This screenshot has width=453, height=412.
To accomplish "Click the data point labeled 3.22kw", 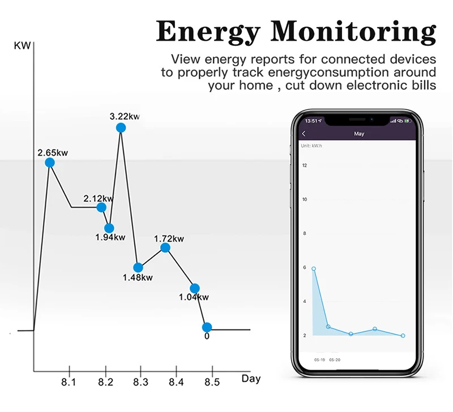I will pyautogui.click(x=121, y=128).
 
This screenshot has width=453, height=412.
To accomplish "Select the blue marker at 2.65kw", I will pyautogui.click(x=50, y=162).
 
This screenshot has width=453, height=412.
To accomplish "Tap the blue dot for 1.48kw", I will pyautogui.click(x=138, y=267).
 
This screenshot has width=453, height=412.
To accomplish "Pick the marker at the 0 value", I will pyautogui.click(x=207, y=327).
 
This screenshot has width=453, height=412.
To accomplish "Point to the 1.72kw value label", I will pyautogui.click(x=169, y=239).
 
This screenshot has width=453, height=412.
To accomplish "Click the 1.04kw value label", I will pyautogui.click(x=194, y=297).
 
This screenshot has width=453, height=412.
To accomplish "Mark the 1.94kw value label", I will pyautogui.click(x=110, y=237).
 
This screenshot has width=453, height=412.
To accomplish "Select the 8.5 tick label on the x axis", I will pyautogui.click(x=211, y=383).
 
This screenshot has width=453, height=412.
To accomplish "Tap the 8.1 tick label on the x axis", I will pyautogui.click(x=69, y=383).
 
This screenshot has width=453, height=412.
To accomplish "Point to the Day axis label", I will pyautogui.click(x=251, y=379).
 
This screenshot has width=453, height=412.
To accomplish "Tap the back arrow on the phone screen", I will pyautogui.click(x=304, y=134).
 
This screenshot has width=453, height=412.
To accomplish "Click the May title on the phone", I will pyautogui.click(x=359, y=134).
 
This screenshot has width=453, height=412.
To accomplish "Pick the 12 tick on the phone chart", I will pyautogui.click(x=305, y=165).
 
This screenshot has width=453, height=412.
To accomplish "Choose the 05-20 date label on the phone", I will pyautogui.click(x=335, y=360).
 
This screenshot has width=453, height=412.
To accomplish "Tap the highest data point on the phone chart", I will pyautogui.click(x=314, y=269).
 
